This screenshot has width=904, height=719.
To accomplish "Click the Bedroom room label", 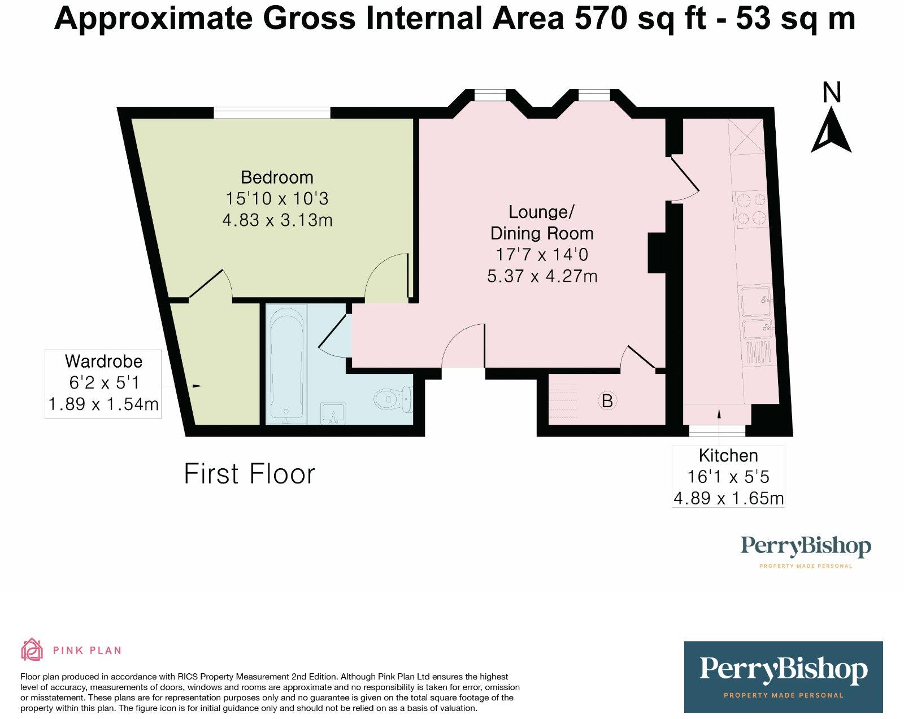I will point(277,177).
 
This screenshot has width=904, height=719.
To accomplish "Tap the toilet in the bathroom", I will point(394,399).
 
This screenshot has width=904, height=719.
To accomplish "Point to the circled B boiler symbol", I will point(607,401).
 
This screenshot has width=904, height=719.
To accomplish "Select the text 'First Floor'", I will point(249,473).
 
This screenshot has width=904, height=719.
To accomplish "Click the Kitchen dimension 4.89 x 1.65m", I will point(728,499).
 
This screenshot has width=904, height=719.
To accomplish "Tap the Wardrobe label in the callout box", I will point(103,361).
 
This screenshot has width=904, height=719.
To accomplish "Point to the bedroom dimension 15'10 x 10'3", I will point(277,199).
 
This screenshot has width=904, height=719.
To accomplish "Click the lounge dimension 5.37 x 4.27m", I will point(542,276).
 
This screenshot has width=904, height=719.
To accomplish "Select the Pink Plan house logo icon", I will point(32,650).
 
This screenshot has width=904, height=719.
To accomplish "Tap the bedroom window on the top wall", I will point(272,114).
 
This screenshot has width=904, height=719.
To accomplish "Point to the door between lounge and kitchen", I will point(684,178).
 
